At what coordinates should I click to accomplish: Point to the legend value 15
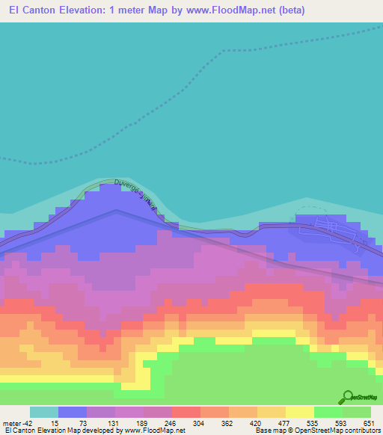[x=55, y=423]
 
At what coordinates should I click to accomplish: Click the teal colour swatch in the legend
[x=43, y=412]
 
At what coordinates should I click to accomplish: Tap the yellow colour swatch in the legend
[x=299, y=412]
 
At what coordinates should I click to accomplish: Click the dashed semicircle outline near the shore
[x=306, y=203]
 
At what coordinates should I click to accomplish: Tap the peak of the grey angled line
[x=116, y=210]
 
